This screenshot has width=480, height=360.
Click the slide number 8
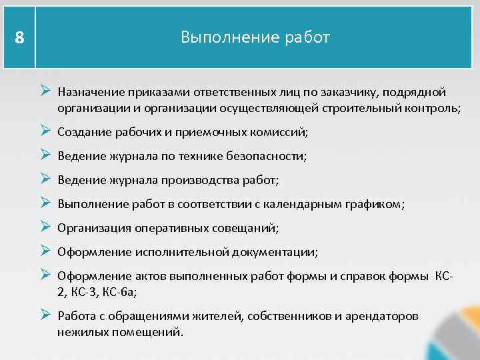coord(19,39)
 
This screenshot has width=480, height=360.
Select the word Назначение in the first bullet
coord(90,92)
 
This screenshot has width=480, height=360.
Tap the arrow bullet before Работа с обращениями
coord(45,315)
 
